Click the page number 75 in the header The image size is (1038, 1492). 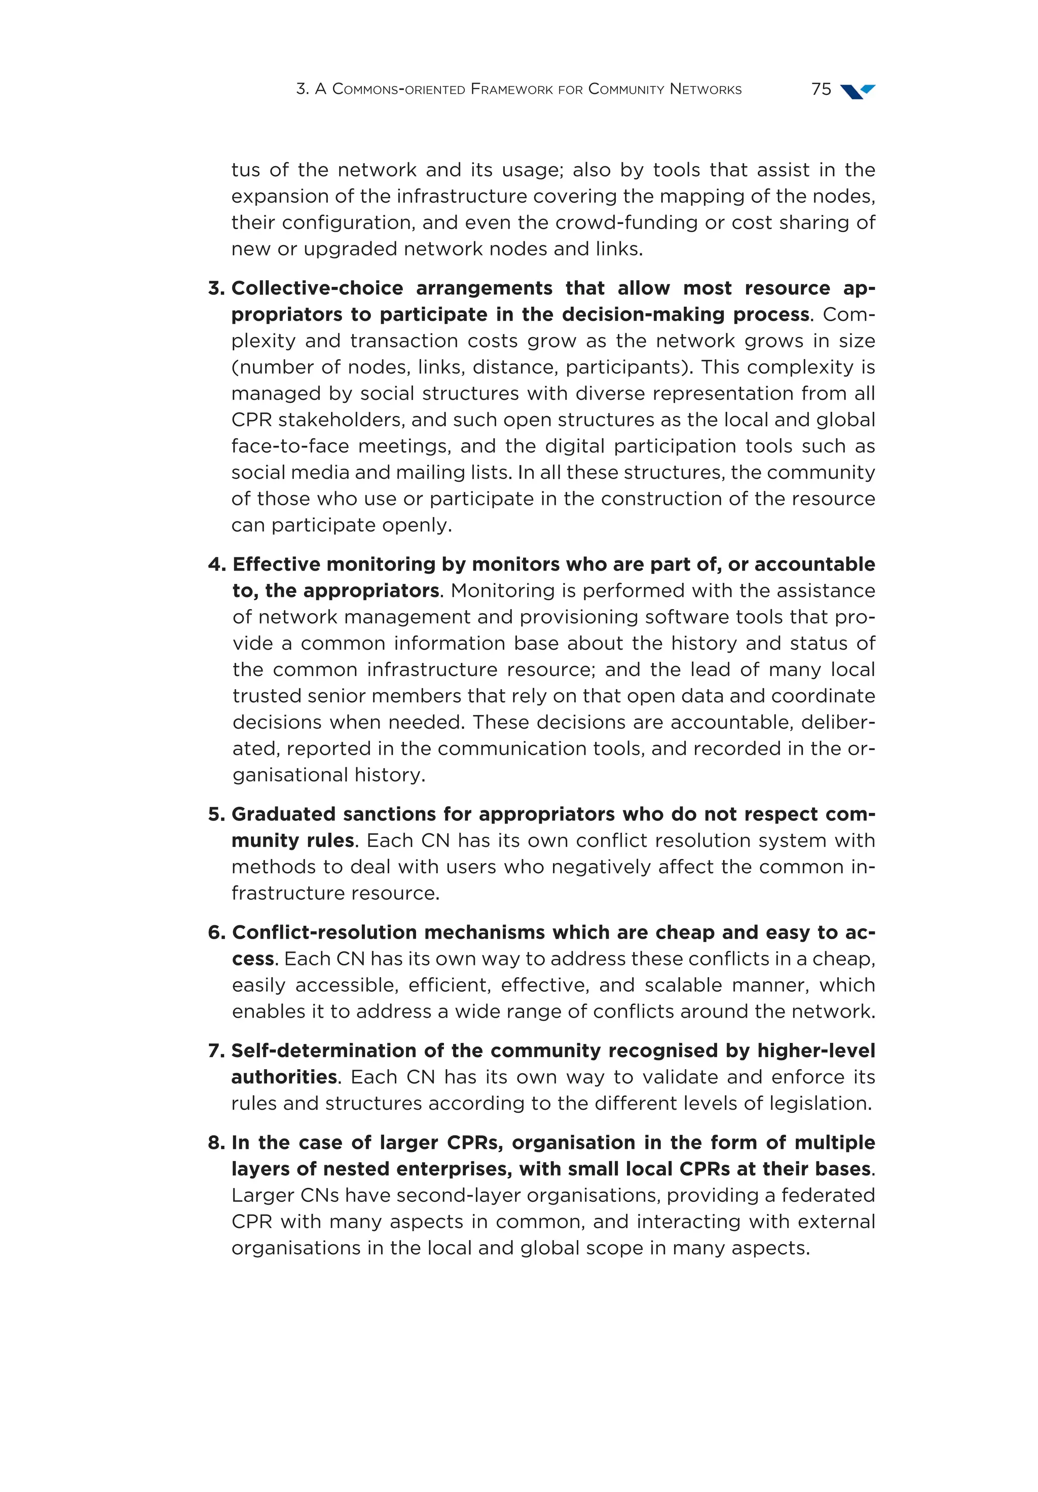point(821,89)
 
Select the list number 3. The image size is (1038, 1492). point(216,288)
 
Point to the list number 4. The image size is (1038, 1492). point(216,565)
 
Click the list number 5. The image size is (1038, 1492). point(216,814)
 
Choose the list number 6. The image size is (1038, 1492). point(216,932)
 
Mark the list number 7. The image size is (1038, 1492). point(216,1051)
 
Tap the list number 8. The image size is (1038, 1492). point(216,1143)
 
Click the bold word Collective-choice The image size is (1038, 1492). point(317,288)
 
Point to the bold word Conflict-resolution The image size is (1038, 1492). point(324,932)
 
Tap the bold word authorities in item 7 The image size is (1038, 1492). point(284,1077)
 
